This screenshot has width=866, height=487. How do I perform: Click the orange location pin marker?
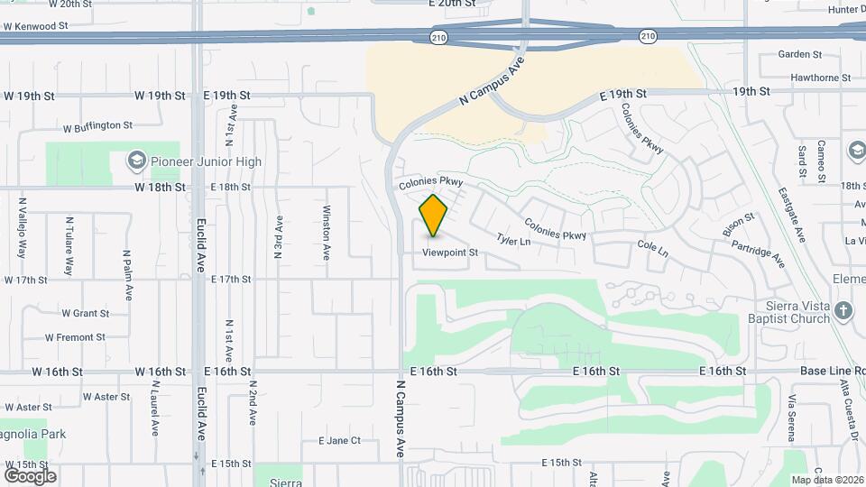pos(434,215)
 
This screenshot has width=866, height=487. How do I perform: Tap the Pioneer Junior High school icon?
pos(136,161)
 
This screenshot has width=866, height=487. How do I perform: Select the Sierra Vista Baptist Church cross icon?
pos(843,312)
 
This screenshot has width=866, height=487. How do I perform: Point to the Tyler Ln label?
pos(512,241)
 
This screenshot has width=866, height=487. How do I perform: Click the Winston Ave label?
pos(327,233)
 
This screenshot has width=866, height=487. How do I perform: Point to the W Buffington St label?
pos(97,127)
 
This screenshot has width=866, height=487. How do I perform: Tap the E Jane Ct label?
pos(339,441)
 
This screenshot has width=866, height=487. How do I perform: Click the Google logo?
pos(30,475)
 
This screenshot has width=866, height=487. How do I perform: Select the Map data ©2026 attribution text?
pos(826,480)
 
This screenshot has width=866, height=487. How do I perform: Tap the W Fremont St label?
pos(75,337)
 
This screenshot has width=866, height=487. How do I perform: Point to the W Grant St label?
pos(85,314)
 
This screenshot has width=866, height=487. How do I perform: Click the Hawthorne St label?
pos(820,78)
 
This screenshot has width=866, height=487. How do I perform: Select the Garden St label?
pos(800,55)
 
